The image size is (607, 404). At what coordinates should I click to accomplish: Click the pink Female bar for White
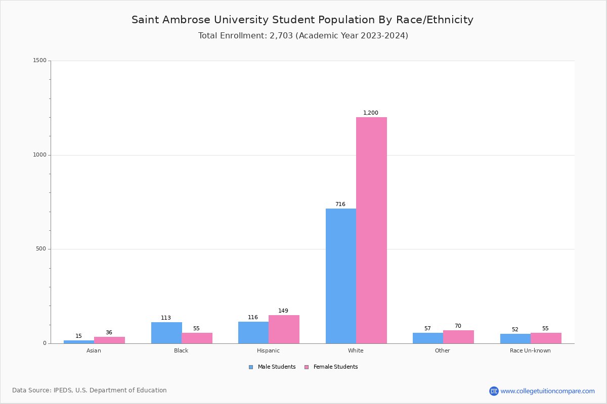click(371, 230)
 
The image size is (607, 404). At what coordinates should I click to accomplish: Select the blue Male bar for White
click(341, 276)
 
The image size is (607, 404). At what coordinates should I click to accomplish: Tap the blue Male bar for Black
click(166, 333)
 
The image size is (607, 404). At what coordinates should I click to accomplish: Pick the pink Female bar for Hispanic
click(284, 329)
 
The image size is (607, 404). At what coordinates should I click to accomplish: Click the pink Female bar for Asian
click(109, 340)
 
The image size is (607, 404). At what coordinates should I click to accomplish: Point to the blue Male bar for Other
click(428, 338)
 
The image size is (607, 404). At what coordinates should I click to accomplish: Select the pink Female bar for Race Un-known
click(546, 338)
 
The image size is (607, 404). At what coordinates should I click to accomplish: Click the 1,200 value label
click(371, 113)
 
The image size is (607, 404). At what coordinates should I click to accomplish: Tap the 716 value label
click(340, 205)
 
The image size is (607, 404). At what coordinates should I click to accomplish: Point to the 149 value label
click(283, 311)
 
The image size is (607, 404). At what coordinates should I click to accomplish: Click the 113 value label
click(166, 318)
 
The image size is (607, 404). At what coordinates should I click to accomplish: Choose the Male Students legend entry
click(273, 367)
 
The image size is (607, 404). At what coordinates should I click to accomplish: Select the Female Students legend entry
click(331, 367)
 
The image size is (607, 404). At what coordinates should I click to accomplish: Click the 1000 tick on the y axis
click(39, 155)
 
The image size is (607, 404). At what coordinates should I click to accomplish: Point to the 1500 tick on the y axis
click(39, 61)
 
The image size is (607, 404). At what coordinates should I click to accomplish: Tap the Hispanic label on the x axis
click(268, 350)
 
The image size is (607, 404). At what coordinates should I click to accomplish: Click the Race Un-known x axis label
click(530, 350)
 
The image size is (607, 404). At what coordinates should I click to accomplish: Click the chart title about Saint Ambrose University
click(302, 20)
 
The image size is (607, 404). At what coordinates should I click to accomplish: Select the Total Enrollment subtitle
click(303, 36)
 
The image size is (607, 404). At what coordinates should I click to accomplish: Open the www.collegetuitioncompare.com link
click(547, 391)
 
